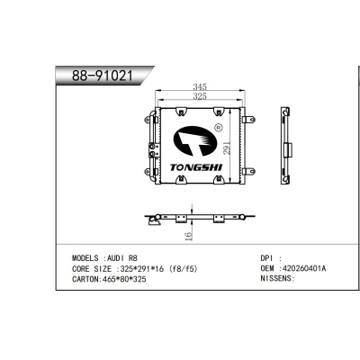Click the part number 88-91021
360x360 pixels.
97,76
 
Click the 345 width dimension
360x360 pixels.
197,86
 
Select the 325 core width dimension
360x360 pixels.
197,95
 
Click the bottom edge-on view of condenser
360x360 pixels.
196,218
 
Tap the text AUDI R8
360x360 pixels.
123,257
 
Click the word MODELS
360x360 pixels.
87,257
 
